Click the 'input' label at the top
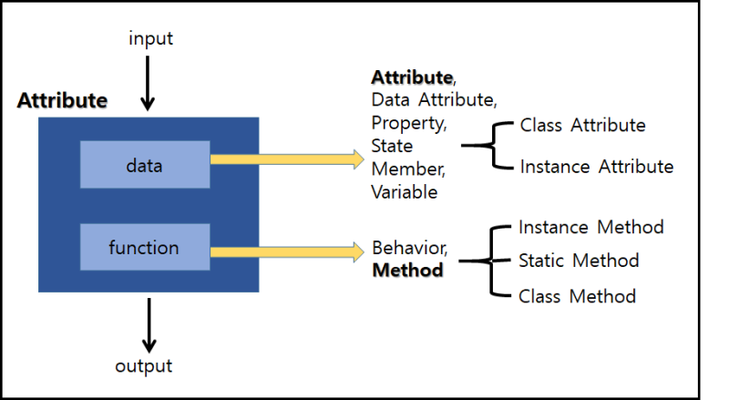click(150, 38)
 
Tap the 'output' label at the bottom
click(144, 366)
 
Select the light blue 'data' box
click(145, 165)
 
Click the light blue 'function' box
click(144, 247)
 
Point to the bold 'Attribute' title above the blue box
click(62, 100)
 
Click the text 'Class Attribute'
click(582, 125)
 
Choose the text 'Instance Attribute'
click(597, 167)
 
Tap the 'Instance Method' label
click(590, 226)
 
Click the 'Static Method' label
click(579, 261)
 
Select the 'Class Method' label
click(577, 296)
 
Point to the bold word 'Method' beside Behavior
click(408, 271)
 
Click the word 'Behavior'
click(408, 248)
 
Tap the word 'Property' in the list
click(408, 123)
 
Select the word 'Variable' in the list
click(405, 192)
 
